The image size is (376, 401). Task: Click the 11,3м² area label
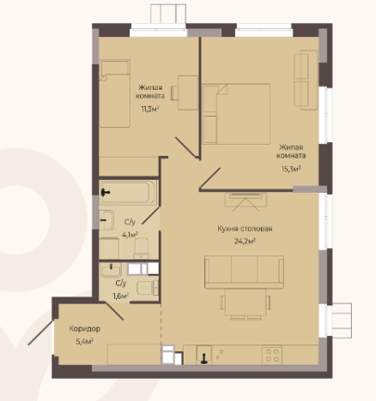pyautogui.click(x=150, y=109)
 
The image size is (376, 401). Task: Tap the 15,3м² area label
pyautogui.click(x=291, y=169)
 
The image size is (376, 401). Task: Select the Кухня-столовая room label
pyautogui.click(x=245, y=229)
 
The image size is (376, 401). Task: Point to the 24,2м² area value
pyautogui.click(x=245, y=241)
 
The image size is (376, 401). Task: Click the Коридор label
pyautogui.click(x=85, y=329)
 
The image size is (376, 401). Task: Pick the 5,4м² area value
pyautogui.click(x=85, y=342)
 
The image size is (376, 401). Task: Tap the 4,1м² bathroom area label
pyautogui.click(x=130, y=235)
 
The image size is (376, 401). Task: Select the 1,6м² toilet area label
pyautogui.click(x=121, y=296)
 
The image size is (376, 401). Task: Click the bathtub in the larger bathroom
pyautogui.click(x=128, y=193)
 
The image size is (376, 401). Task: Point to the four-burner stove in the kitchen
pyautogui.click(x=272, y=355)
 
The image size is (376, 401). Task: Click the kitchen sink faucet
pyautogui.click(x=204, y=358)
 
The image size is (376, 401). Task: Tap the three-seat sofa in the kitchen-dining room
pyautogui.click(x=244, y=272)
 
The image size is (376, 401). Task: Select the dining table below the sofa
pyautogui.click(x=246, y=302)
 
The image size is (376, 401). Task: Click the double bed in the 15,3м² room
pyautogui.click(x=236, y=114)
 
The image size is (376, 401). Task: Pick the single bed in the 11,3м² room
pyautogui.click(x=115, y=93)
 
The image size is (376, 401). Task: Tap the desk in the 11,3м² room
pyautogui.click(x=188, y=93)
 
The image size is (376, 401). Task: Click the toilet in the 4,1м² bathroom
pyautogui.click(x=142, y=248)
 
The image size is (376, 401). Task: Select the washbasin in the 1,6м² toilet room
pyautogui.click(x=111, y=270)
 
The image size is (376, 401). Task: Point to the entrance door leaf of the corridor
pyautogui.click(x=40, y=332)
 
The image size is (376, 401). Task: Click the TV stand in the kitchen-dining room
pyautogui.click(x=246, y=200)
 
